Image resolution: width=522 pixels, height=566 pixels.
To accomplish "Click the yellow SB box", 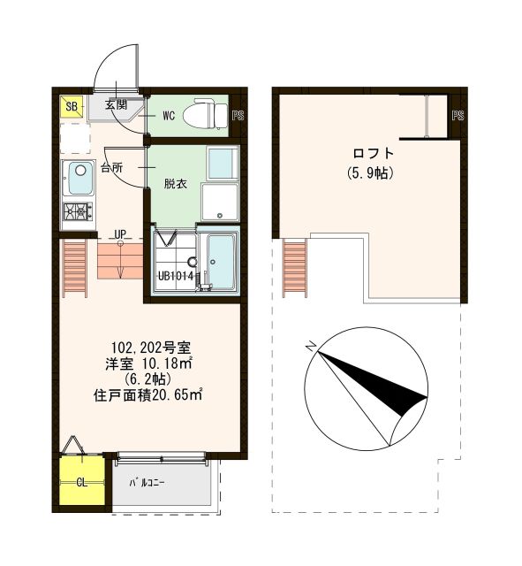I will click(70, 108).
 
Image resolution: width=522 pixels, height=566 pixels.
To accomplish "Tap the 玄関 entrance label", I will click(117, 105).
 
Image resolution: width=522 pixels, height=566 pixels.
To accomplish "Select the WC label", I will click(169, 115).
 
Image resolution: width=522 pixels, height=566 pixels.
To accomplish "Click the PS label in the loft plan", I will click(458, 116).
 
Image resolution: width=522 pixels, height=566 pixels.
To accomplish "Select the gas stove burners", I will click(77, 211).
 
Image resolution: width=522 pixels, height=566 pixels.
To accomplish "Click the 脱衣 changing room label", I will click(176, 183).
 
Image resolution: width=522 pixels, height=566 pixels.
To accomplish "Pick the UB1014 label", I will click(175, 275).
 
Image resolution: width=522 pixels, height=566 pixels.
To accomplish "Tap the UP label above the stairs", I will click(120, 234).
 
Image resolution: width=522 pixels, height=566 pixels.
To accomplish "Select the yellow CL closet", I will click(80, 483).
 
